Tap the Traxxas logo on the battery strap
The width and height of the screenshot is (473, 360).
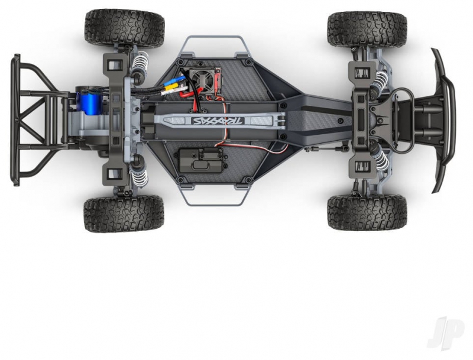(218, 121)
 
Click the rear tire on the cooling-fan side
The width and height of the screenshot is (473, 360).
(125, 27)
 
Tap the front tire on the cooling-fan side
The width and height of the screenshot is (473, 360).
(368, 28)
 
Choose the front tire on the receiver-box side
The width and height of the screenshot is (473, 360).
(368, 212)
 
